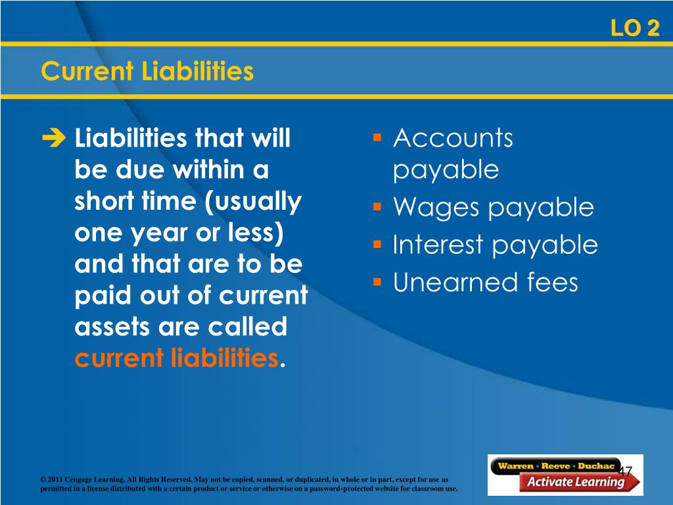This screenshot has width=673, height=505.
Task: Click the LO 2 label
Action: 636,28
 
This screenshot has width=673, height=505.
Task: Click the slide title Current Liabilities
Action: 147,71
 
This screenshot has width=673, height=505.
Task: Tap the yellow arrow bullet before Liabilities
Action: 54,137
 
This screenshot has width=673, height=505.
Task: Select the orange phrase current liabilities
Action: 176,358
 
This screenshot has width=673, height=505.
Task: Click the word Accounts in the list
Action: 453,138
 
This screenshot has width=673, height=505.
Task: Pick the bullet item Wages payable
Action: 494,208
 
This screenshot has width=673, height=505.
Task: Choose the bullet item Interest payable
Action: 496,245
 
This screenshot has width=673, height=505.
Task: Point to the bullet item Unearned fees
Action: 486,282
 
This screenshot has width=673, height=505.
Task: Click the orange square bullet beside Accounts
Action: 377,137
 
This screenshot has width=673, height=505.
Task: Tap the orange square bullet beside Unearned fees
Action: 377,282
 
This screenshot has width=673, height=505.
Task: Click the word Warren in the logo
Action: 515,466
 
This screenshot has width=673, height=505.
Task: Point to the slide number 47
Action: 626,471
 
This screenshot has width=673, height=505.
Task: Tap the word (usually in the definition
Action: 253,202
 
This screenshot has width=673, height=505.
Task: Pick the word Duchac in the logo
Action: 596,466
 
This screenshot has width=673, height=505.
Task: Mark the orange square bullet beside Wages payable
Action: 377,207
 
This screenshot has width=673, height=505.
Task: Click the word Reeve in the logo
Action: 556,466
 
